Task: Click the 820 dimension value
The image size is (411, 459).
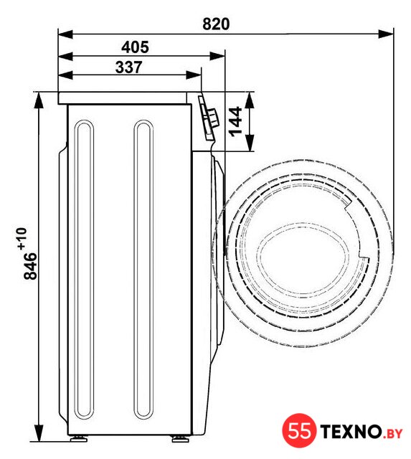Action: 216,24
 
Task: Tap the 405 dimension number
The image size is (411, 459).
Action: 135,47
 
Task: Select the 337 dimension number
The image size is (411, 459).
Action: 129,67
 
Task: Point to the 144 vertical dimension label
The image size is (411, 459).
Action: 236,122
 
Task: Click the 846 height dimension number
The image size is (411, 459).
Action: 30,266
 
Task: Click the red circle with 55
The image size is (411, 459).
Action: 299,430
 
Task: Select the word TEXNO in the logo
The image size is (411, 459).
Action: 351,431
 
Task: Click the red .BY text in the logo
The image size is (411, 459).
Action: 392,433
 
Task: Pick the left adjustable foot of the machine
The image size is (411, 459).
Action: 79,438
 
